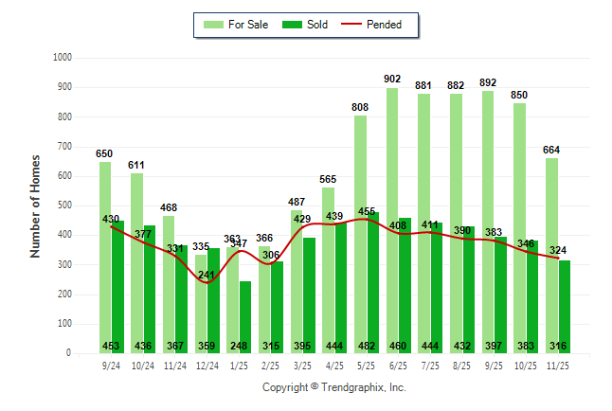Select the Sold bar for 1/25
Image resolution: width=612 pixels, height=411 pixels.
click(x=245, y=303)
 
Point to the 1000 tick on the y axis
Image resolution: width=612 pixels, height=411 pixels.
click(x=63, y=58)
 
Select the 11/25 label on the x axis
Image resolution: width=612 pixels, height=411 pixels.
click(x=559, y=366)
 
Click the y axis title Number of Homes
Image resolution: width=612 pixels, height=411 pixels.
click(x=36, y=205)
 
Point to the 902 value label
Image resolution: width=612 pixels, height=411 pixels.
click(x=392, y=80)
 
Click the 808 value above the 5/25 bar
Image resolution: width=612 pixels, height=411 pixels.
click(x=360, y=107)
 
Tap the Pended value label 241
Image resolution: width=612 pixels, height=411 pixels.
click(x=207, y=276)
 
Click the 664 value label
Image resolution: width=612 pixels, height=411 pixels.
click(x=552, y=150)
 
